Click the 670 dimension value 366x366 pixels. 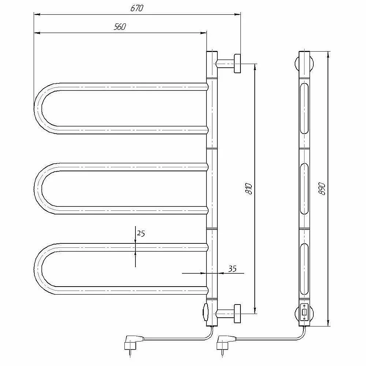coord(137,8)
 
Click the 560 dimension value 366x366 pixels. coord(120,27)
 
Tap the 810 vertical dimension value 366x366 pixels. coord(249,189)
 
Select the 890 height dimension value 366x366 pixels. coord(322,189)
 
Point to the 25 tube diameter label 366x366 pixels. coord(141,233)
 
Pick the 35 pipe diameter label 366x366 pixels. coord(232,269)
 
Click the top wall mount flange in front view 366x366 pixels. coord(238,63)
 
